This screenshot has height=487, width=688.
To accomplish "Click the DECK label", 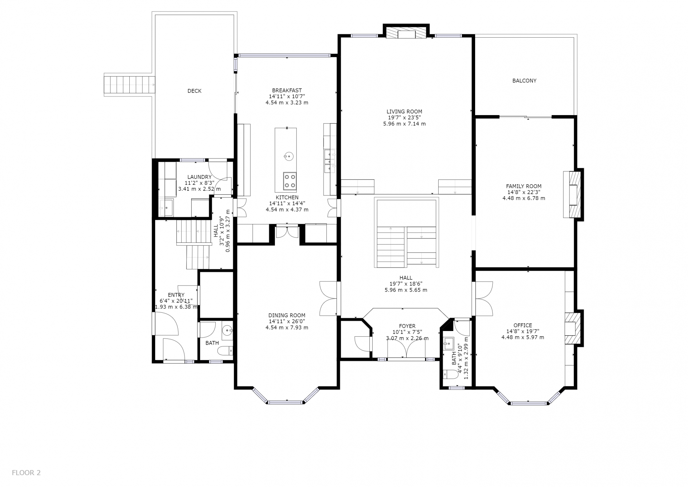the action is click(194, 91).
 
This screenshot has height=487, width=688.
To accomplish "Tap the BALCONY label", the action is click(524, 81).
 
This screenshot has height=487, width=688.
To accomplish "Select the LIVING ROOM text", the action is click(404, 112).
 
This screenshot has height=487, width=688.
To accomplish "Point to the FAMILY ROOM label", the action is click(524, 186).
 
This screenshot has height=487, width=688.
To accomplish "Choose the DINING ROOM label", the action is click(287, 316).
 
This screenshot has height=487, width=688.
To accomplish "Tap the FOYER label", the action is click(407, 326).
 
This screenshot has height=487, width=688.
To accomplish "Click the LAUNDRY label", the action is click(199, 177).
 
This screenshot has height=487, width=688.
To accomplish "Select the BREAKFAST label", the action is click(287, 90).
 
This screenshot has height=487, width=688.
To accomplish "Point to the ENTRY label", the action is click(176, 295).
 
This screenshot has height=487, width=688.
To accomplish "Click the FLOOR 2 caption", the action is click(26, 473).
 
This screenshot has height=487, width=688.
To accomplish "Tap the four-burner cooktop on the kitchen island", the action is click(290, 181).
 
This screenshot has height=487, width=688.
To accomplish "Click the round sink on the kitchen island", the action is click(288, 156).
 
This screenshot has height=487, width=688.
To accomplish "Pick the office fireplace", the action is click(573, 328).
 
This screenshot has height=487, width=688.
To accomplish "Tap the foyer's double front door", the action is click(406, 348).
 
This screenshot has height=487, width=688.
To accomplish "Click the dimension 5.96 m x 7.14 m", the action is click(404, 124).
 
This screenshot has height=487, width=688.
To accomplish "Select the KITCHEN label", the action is click(287, 198).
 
